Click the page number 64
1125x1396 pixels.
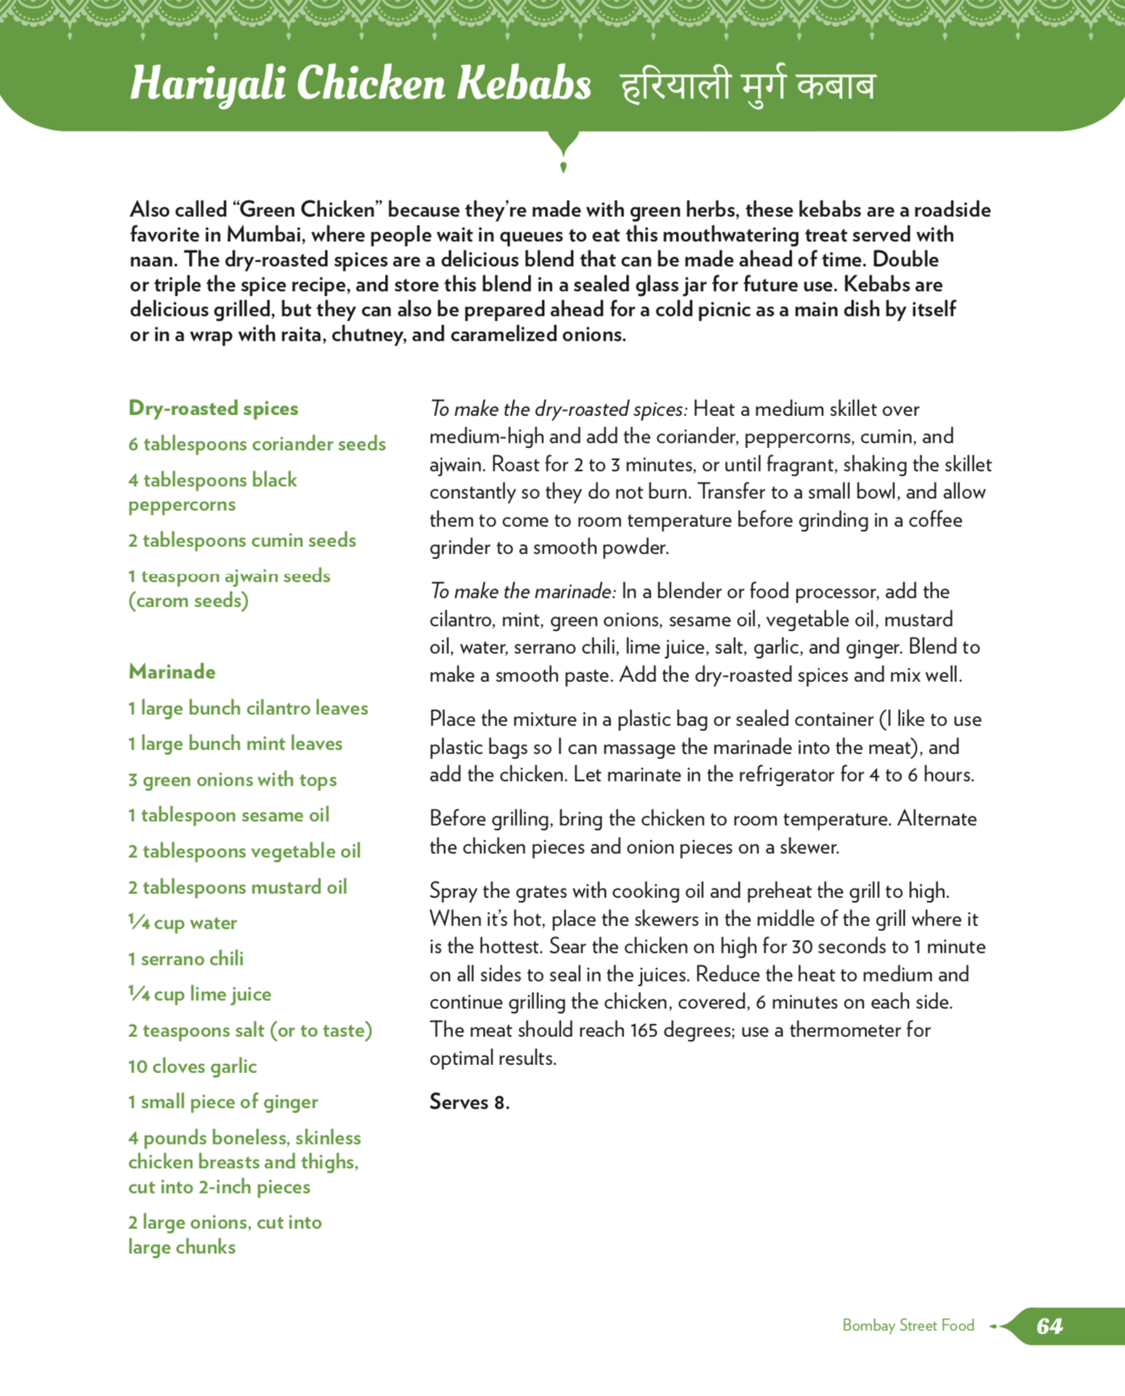[x=1049, y=1326]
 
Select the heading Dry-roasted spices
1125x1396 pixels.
[x=213, y=408]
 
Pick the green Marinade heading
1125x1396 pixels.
[x=172, y=671]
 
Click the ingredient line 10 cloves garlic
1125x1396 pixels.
[x=192, y=1067]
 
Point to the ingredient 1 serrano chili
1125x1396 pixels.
[x=186, y=959]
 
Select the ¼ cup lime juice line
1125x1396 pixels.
[x=199, y=994]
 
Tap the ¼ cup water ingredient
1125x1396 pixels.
[x=182, y=923]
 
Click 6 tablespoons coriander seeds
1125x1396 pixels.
[x=257, y=444]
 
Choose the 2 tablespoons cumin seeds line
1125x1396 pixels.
[x=242, y=541]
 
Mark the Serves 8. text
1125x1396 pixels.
[x=469, y=1102]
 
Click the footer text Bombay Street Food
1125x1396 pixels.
[x=908, y=1325]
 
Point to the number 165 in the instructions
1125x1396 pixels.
[x=644, y=1031]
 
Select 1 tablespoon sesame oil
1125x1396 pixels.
[x=229, y=815]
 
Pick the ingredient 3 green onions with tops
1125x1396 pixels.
[x=232, y=780]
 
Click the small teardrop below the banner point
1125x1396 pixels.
[x=563, y=167]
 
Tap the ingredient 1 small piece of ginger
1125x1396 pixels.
[x=223, y=1102]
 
